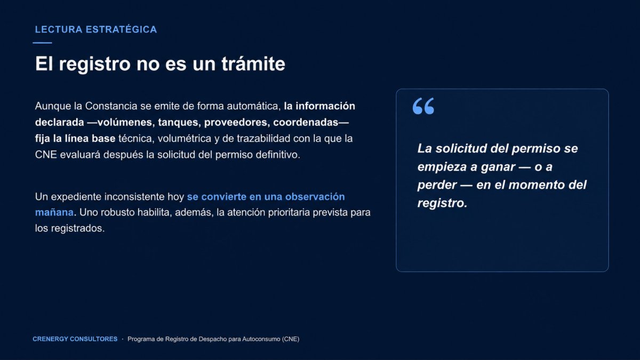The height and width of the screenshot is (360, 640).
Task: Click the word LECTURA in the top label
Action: (x=59, y=29)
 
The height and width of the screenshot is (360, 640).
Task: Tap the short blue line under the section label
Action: (x=42, y=43)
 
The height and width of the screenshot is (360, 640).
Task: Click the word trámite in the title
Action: (x=253, y=63)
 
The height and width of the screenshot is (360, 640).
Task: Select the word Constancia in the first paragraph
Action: (x=111, y=106)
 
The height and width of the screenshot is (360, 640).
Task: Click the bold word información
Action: (x=325, y=106)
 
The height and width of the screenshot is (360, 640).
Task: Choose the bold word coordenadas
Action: (x=306, y=122)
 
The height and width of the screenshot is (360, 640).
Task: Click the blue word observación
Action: (x=315, y=197)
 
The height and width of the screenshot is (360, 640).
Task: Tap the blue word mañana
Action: (x=54, y=213)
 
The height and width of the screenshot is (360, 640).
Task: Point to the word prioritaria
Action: (x=289, y=213)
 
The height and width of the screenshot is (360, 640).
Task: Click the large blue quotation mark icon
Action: (x=423, y=106)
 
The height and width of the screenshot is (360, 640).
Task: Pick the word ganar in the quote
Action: (x=498, y=167)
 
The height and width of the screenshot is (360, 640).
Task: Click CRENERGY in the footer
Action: (x=50, y=339)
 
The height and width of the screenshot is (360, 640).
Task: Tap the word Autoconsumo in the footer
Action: (x=261, y=339)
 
